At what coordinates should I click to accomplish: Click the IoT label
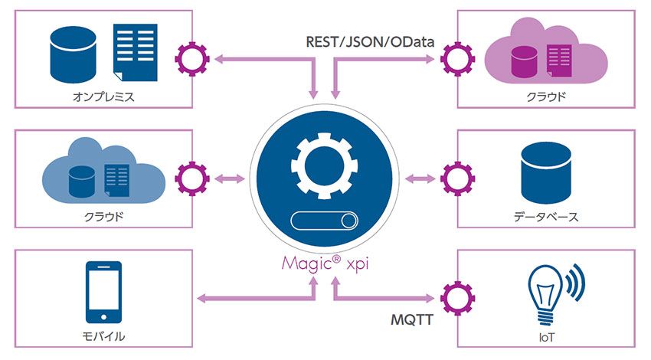click(x=545, y=335)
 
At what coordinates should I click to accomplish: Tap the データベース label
click(x=545, y=217)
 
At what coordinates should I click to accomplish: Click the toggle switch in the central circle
click(x=325, y=222)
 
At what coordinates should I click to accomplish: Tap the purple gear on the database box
click(x=457, y=178)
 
